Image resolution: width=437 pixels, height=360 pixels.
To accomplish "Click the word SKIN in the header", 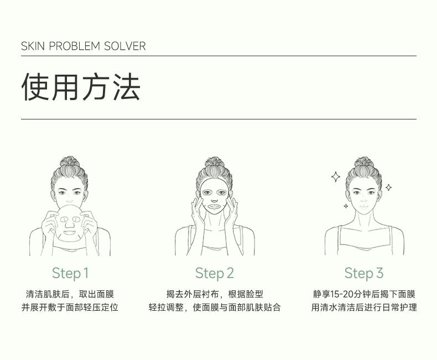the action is (x=33, y=46).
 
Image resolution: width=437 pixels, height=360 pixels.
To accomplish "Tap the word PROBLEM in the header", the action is (x=75, y=46).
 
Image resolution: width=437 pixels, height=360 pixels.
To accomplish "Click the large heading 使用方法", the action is (x=81, y=86).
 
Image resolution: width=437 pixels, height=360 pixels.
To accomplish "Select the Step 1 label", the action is (x=70, y=273).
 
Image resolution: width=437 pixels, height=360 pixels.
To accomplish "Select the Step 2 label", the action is (x=214, y=273).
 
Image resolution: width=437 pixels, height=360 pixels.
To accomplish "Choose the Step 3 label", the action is (x=363, y=273).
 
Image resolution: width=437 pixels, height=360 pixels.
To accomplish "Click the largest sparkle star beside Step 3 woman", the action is (x=336, y=177).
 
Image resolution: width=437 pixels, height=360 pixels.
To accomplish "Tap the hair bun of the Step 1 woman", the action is (x=70, y=161).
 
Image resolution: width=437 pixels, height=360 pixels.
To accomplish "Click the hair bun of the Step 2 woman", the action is (x=214, y=162).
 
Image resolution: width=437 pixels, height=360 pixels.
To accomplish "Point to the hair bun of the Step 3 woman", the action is (x=363, y=162).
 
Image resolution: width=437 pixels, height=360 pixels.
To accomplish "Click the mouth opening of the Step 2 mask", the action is (x=215, y=207).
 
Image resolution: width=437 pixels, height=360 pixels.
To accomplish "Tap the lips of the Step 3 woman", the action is (x=363, y=207).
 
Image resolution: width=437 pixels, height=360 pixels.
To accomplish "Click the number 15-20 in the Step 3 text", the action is (x=342, y=294).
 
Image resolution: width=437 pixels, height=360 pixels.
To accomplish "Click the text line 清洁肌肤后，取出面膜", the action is (x=70, y=294).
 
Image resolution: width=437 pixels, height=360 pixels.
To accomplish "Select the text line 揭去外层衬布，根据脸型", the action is (x=215, y=294).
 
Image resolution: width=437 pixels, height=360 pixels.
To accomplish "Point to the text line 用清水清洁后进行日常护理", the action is (x=364, y=307).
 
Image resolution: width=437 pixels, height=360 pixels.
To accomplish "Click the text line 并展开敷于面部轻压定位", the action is (x=70, y=307).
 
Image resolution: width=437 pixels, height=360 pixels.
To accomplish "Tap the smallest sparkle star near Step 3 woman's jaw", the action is (x=346, y=206).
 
